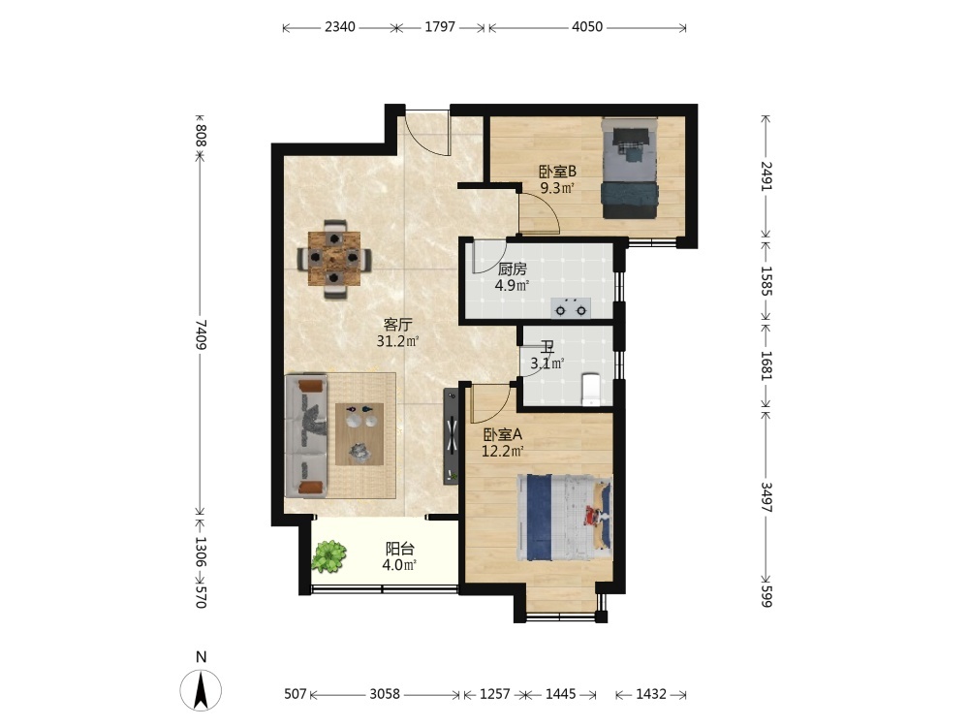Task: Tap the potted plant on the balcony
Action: (328, 555)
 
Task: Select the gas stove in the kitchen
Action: (571, 307)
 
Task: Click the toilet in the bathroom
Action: (591, 389)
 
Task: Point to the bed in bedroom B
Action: (630, 168)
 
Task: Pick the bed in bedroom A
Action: (564, 518)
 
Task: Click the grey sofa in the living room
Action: (306, 435)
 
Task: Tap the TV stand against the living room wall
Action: (452, 436)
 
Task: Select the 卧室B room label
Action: (557, 172)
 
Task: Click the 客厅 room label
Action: (398, 325)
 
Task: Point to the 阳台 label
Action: (400, 549)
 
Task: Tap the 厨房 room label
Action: (513, 269)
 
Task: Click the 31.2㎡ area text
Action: (398, 340)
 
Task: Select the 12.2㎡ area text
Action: (503, 451)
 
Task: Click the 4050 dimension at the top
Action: (587, 26)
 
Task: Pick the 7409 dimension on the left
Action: (201, 333)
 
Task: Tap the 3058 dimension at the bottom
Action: (385, 694)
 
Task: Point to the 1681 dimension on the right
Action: (766, 365)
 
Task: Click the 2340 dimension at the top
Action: (340, 26)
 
